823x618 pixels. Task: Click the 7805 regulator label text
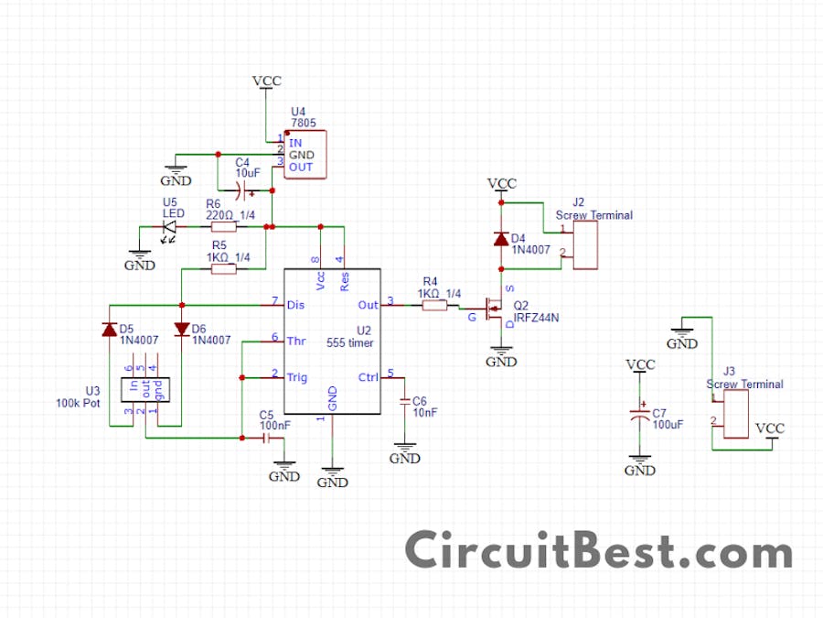click(x=304, y=123)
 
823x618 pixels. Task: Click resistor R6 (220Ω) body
click(x=223, y=226)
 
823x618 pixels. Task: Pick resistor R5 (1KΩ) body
click(x=224, y=268)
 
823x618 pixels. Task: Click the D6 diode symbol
click(x=181, y=329)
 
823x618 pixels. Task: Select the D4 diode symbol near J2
click(x=501, y=239)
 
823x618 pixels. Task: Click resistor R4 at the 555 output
click(x=434, y=305)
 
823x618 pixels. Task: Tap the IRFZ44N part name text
click(x=536, y=317)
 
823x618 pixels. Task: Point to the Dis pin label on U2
click(x=295, y=304)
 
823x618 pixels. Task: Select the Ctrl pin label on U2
click(x=368, y=377)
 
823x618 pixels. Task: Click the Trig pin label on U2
click(x=297, y=377)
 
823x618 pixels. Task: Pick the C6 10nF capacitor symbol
click(x=405, y=402)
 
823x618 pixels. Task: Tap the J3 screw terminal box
click(x=736, y=414)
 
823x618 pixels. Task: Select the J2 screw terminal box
click(x=586, y=244)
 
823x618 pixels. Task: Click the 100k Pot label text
click(x=79, y=402)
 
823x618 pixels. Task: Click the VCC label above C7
click(x=640, y=364)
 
